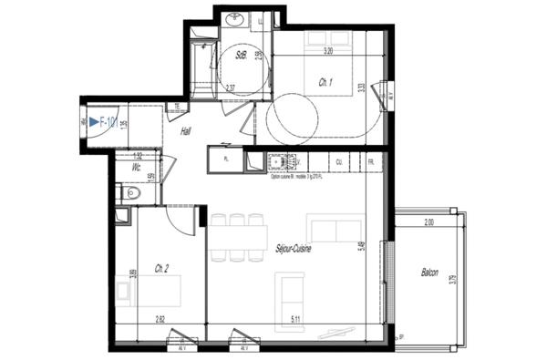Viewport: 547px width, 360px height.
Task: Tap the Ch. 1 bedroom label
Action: point(325,83)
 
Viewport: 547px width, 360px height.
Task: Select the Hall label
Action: point(185,131)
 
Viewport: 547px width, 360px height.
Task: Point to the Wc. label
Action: point(135,168)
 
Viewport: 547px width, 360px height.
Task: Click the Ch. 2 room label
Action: point(161,268)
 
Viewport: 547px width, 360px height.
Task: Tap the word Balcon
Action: point(429,273)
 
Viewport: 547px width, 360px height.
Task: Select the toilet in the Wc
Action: point(133,192)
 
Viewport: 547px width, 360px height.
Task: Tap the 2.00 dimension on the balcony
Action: point(429,221)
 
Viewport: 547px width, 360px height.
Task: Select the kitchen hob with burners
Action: point(280,163)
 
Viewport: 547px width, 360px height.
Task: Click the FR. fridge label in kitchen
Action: point(371,162)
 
